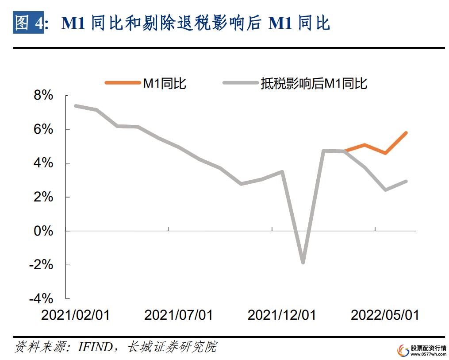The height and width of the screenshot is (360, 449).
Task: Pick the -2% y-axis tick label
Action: coord(41,265)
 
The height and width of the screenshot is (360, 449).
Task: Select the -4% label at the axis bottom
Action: coord(41,298)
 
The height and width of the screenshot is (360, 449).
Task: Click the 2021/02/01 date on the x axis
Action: coord(75,315)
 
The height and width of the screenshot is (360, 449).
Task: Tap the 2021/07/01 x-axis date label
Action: coord(178,315)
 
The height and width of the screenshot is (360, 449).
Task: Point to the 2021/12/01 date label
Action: coord(282,315)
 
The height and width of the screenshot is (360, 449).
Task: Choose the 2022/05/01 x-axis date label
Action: coord(385,315)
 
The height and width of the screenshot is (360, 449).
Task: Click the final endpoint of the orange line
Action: coord(406,133)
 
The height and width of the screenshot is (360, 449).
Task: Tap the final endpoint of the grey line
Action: coord(406,181)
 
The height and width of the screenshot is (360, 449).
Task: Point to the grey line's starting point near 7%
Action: coord(76,106)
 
